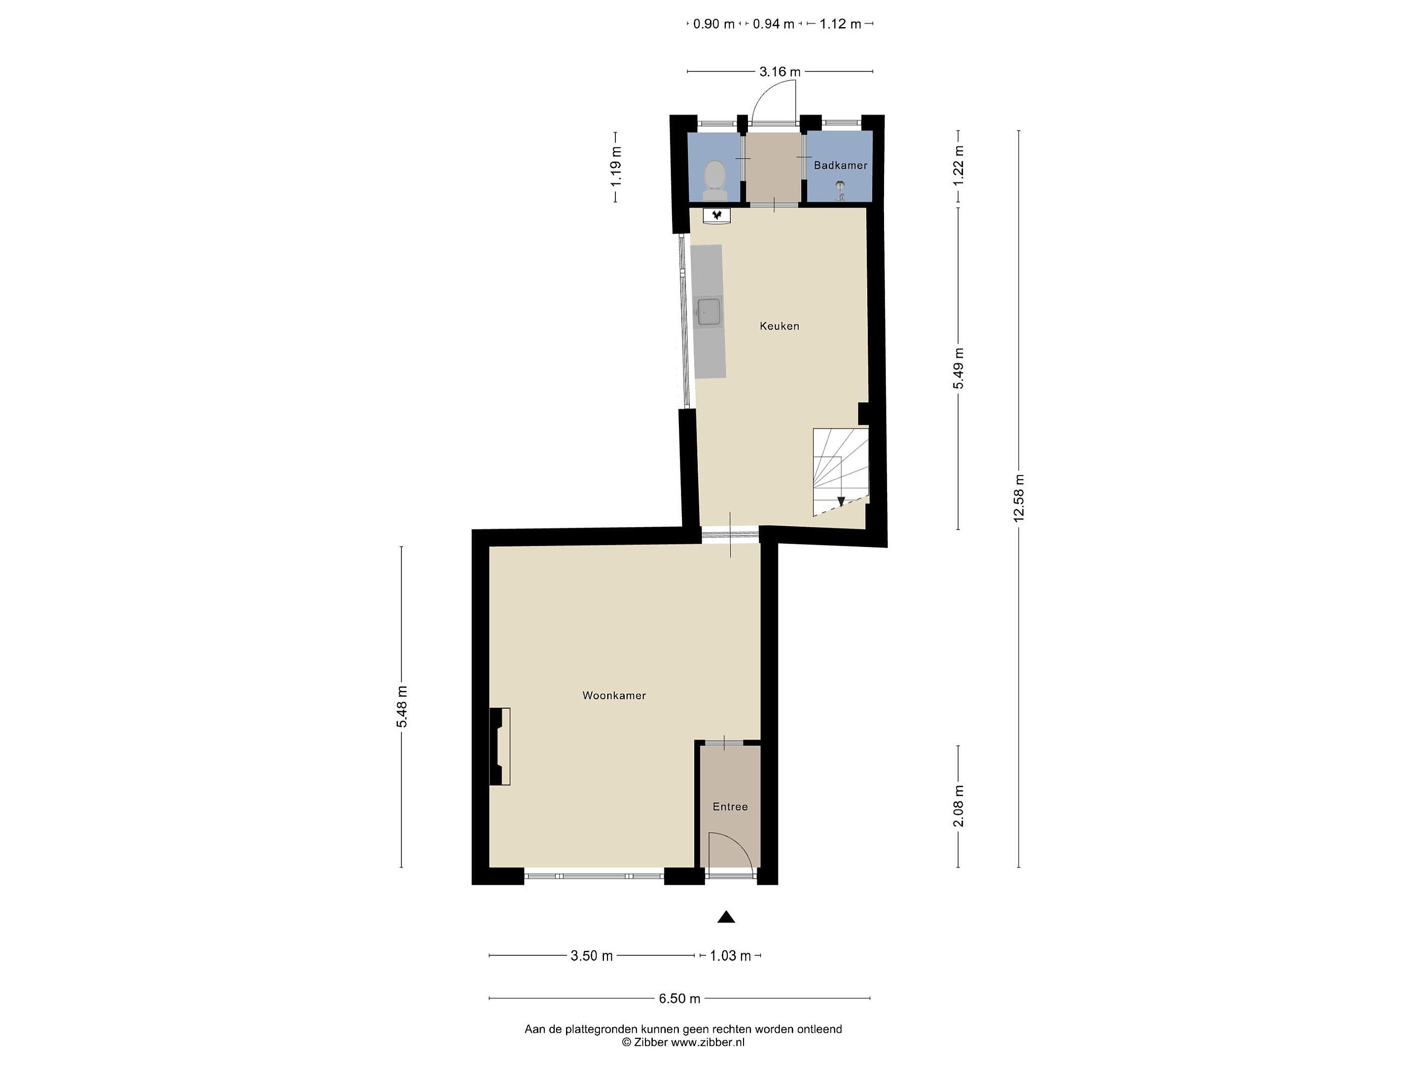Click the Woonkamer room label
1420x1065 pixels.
(614, 695)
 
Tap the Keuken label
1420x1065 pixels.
(780, 326)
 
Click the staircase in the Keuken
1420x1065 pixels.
(840, 472)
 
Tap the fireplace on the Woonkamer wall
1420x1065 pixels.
(499, 746)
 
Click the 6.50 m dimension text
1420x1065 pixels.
(679, 998)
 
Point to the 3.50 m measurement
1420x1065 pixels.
(591, 956)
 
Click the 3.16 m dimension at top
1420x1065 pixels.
(780, 72)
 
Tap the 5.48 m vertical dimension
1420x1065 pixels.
(402, 707)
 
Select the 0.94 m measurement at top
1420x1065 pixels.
(774, 24)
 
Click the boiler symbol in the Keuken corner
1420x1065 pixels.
(717, 215)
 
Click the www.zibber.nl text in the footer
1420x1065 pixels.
(708, 1042)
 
